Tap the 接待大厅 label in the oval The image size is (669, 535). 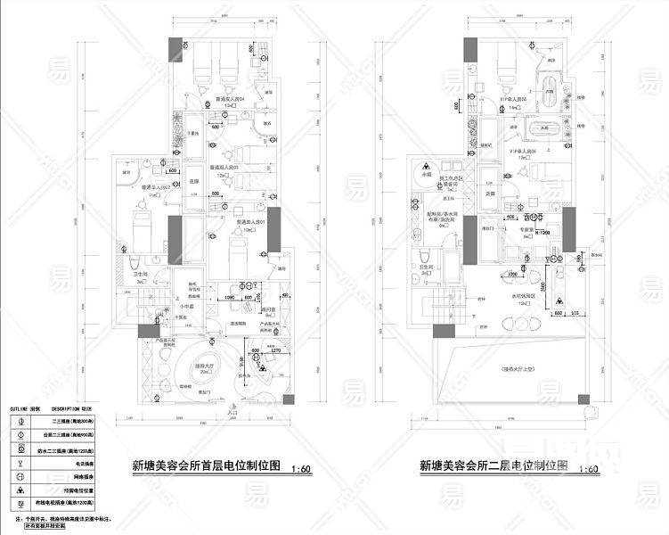pyautogui.click(x=208, y=366)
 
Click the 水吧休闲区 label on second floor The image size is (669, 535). pyautogui.click(x=523, y=296)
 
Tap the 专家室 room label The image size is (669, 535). pyautogui.click(x=524, y=227)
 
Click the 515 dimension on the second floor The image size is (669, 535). pyautogui.click(x=575, y=313)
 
